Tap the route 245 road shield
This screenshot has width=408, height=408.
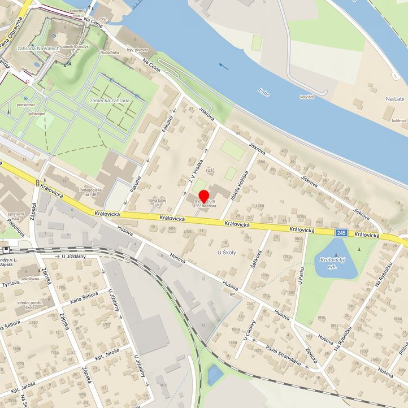(341, 233)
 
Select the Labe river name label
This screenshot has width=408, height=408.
(263, 90)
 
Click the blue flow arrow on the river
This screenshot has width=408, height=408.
(224, 66)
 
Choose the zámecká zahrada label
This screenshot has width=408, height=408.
(110, 101)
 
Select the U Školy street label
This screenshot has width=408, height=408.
(227, 253)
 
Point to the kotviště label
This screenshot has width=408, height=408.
(307, 97)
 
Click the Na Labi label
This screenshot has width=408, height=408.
(396, 99)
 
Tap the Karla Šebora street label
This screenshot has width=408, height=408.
(84, 299)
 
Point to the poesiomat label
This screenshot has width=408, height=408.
(27, 105)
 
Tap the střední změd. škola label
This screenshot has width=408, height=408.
(29, 305)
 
